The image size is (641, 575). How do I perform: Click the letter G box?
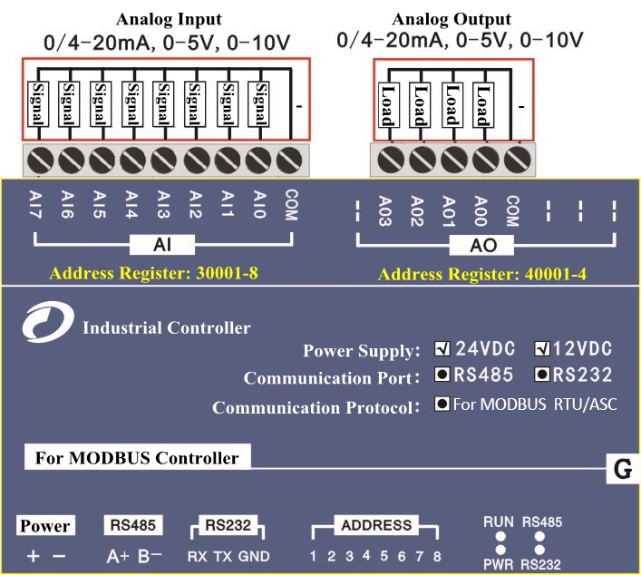pos(622,470)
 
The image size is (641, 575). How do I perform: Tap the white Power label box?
pos(45,526)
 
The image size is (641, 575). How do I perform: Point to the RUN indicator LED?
pos(499,537)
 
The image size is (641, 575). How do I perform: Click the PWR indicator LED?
pos(499,551)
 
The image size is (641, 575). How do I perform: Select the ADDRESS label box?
pos(375,525)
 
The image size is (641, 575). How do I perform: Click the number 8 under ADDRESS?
pos(437,556)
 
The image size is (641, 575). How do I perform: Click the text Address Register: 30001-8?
pos(155,273)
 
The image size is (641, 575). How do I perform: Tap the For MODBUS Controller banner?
pos(136,458)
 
